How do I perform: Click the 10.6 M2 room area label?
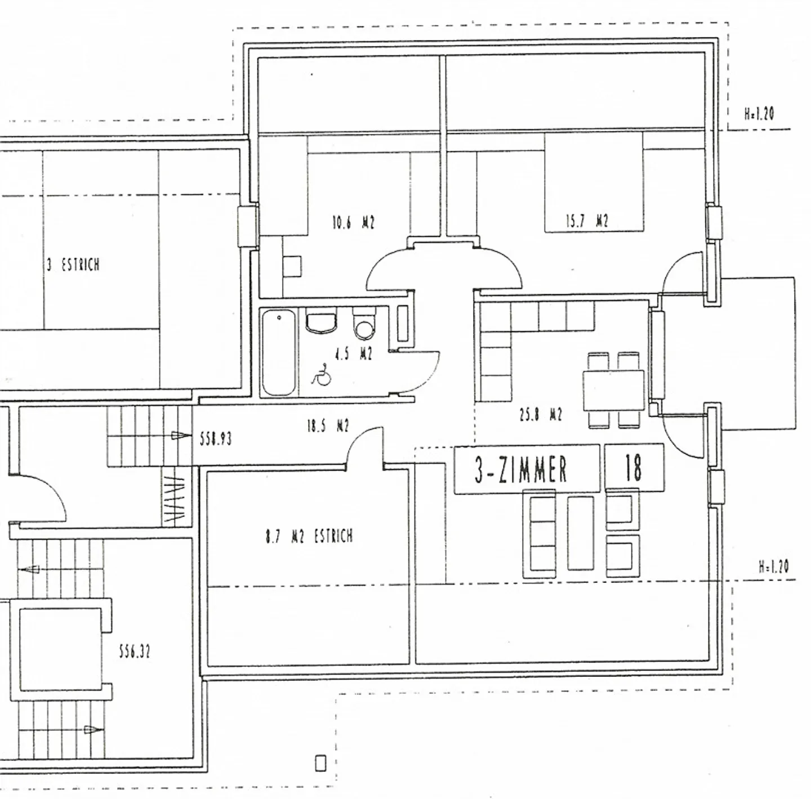coord(353,222)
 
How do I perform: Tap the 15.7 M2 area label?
coord(587,221)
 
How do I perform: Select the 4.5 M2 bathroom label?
coord(353,354)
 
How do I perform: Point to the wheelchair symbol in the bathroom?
coord(322,375)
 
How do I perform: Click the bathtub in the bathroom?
coord(279,352)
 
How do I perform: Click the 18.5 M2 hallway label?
coord(328,427)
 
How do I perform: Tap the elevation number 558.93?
coord(216,439)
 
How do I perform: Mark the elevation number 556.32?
coord(135,652)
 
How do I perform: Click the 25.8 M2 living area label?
coord(541,415)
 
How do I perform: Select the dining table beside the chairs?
coord(614,390)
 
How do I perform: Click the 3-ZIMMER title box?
coord(527,469)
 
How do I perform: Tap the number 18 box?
coord(634,468)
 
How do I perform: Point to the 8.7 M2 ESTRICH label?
coord(309,537)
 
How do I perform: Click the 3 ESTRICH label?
coord(73,265)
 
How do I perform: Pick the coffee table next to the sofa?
coord(580,533)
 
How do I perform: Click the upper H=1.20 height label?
coord(759,114)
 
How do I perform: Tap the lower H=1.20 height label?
coord(774,567)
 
